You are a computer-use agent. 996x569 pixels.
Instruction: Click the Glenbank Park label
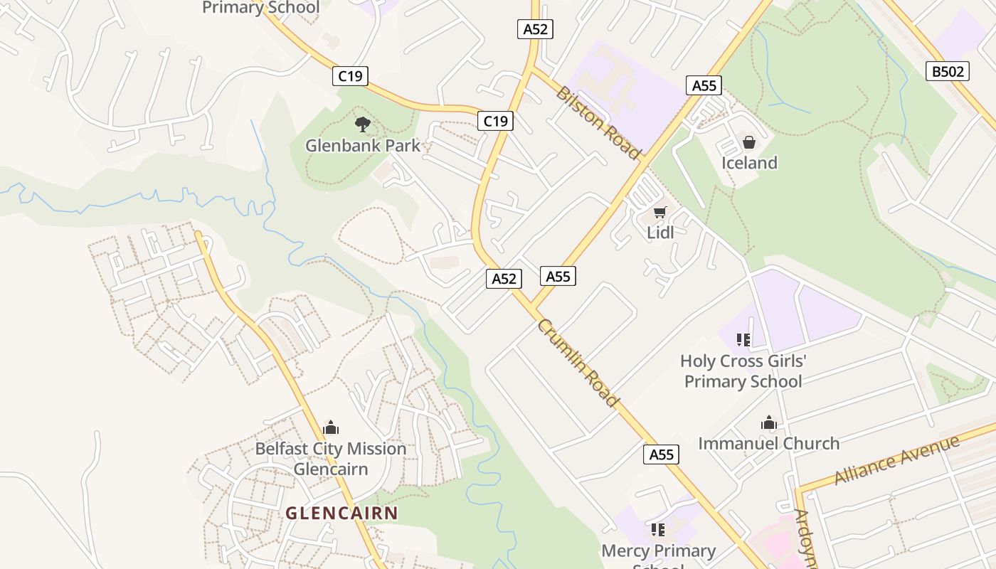click(x=363, y=146)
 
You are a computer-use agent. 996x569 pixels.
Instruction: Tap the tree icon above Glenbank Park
click(x=363, y=124)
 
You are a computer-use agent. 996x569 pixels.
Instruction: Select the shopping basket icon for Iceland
click(x=749, y=142)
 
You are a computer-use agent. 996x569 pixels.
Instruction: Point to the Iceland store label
click(x=749, y=163)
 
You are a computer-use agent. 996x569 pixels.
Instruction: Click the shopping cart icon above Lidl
click(x=660, y=212)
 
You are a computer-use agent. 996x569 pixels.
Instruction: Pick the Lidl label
click(x=660, y=233)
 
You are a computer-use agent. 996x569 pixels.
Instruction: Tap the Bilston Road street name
click(x=598, y=123)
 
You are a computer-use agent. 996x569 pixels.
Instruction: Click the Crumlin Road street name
click(x=578, y=363)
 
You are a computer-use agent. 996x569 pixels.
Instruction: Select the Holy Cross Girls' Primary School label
click(x=743, y=371)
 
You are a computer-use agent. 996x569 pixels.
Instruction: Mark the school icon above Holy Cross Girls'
click(x=743, y=340)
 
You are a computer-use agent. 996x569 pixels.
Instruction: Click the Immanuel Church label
click(x=768, y=444)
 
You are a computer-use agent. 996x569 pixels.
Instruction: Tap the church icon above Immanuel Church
click(x=768, y=423)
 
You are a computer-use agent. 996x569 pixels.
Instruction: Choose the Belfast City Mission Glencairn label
click(x=331, y=459)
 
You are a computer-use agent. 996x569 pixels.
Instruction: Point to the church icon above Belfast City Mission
click(x=331, y=427)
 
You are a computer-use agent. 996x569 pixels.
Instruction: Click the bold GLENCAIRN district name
click(x=341, y=513)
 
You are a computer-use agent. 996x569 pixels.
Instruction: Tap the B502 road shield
click(x=948, y=71)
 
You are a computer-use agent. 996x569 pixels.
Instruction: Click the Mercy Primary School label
click(x=659, y=552)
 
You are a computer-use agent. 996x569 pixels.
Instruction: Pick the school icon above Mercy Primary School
click(x=658, y=529)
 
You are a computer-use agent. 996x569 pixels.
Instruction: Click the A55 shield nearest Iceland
click(x=704, y=86)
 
